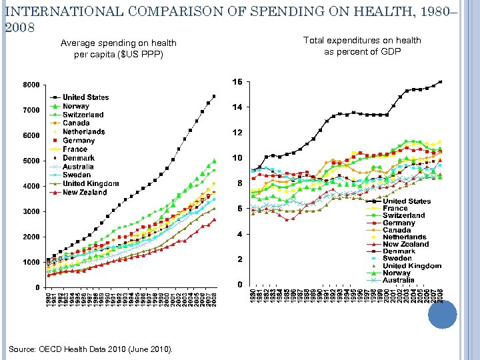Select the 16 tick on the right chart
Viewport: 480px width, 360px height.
237,82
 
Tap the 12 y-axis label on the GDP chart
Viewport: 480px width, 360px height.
237,133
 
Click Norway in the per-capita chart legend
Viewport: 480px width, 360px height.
76,106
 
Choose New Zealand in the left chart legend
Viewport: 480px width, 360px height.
85,192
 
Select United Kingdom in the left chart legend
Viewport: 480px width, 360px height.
91,183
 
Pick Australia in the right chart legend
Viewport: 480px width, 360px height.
399,280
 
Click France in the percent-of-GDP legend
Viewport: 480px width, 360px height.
395,208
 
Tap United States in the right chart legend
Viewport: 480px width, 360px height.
407,201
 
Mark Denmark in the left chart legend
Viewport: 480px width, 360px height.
79,158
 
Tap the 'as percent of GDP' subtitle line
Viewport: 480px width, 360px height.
362,51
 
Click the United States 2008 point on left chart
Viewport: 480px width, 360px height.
214,96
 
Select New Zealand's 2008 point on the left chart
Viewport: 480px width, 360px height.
214,219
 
